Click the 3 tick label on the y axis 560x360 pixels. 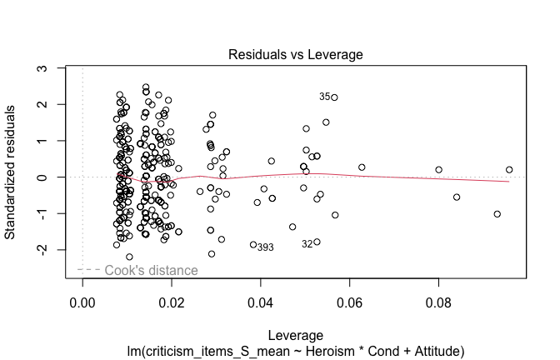pos(43,68)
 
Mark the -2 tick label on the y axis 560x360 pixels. pos(43,249)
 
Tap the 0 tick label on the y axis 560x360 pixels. pos(43,177)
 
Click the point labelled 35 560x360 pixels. pos(334,97)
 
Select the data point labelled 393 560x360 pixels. pos(253,244)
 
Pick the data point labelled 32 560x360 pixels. pos(317,242)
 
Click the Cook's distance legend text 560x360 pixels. pos(151,270)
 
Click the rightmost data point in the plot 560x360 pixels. pos(509,170)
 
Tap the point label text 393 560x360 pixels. pos(265,247)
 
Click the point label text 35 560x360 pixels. pos(325,97)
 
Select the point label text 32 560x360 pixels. pos(307,244)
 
